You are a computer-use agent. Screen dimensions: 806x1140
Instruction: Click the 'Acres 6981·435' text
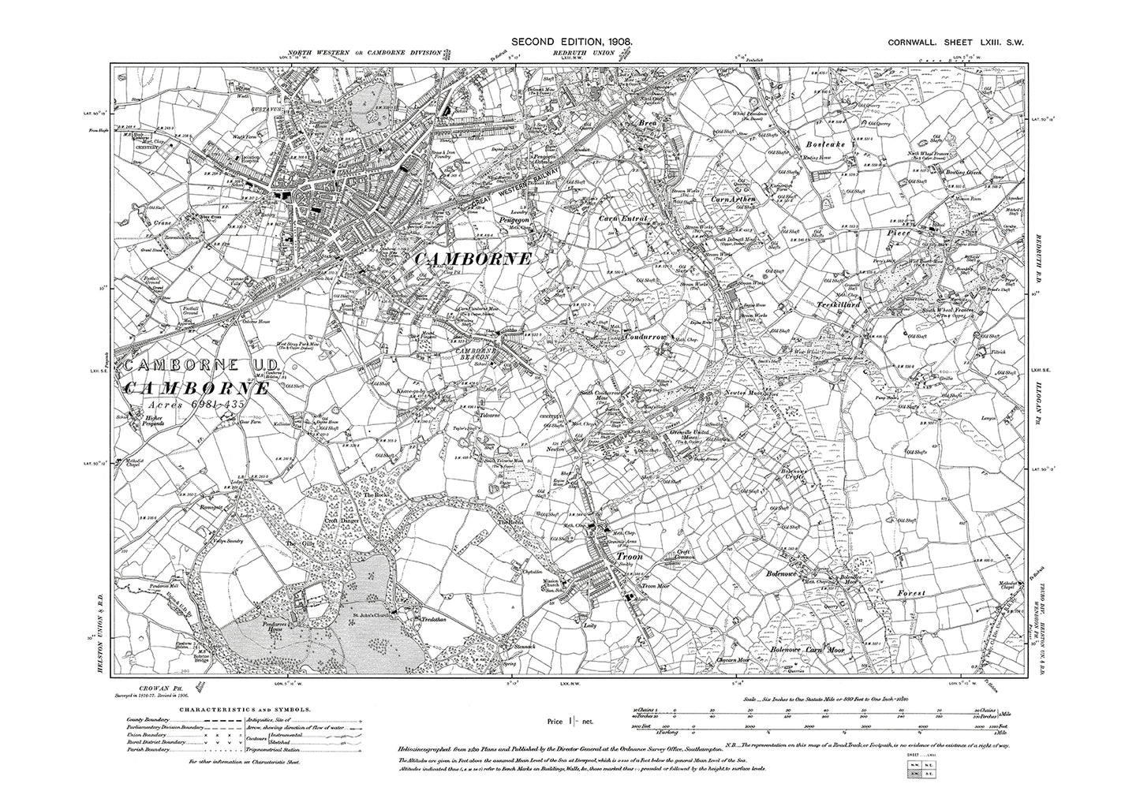coord(196,404)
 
